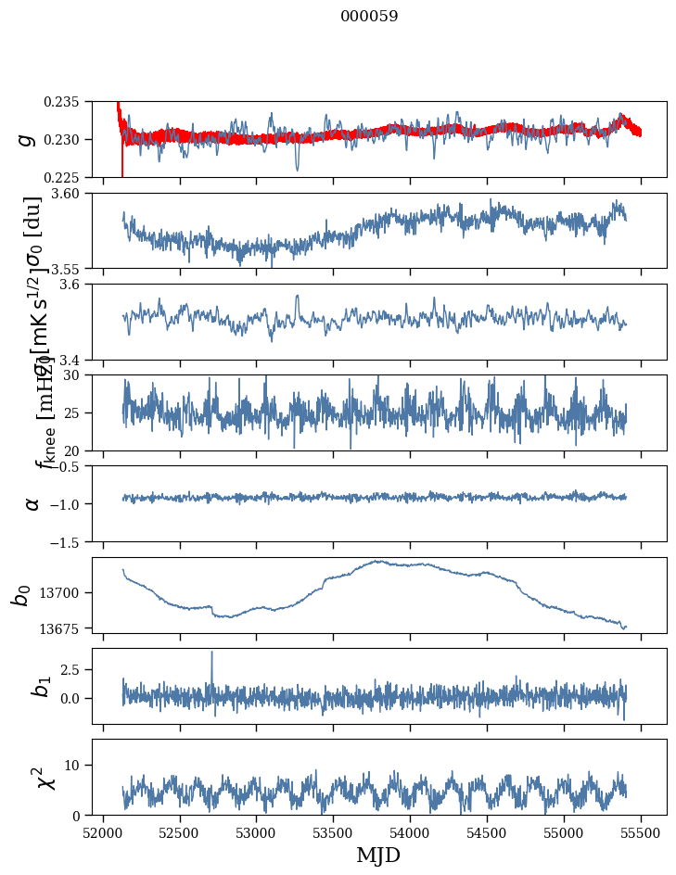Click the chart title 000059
pyautogui.click(x=369, y=17)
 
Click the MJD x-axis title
pyautogui.click(x=378, y=856)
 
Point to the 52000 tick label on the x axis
pyautogui.click(x=103, y=832)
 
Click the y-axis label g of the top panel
pyautogui.click(x=27, y=139)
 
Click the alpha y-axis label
pyautogui.click(x=32, y=502)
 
